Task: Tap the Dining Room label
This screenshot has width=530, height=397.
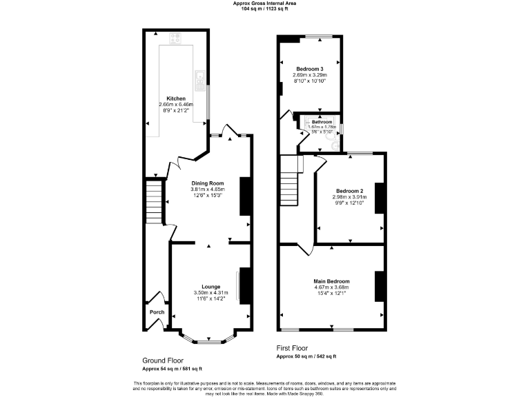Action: pos(207,183)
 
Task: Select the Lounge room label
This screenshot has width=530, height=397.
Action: pos(210,287)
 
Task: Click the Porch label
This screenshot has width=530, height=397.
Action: pos(157,312)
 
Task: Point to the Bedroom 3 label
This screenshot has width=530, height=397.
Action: pos(310,69)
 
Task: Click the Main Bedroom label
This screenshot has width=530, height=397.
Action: pos(332,281)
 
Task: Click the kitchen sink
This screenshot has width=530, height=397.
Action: pos(199,79)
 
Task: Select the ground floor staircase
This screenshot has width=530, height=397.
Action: pos(153,201)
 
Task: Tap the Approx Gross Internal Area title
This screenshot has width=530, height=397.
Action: pos(264,3)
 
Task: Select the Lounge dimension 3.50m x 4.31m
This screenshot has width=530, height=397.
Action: pos(210,293)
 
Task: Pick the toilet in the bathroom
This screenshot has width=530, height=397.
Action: pos(334,145)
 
